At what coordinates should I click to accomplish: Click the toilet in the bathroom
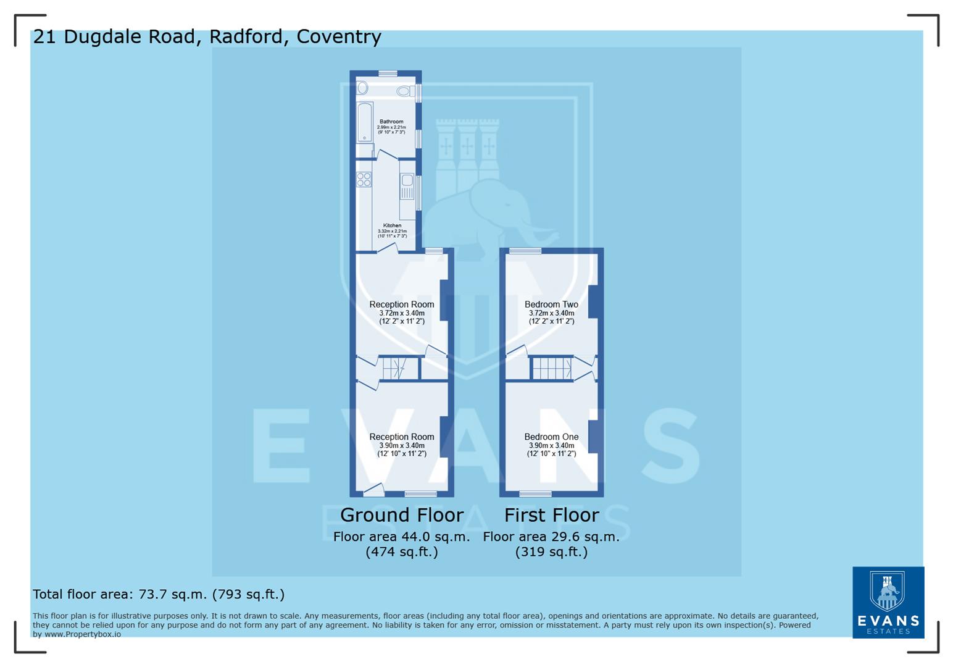[x=404, y=91]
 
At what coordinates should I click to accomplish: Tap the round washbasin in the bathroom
[x=363, y=88]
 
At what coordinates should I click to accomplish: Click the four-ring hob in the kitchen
[x=364, y=180]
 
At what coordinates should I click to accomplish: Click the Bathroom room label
[x=391, y=122]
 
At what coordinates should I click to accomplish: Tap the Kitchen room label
[x=392, y=225]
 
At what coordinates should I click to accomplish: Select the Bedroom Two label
[x=551, y=304]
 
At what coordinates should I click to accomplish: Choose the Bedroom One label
[x=551, y=437]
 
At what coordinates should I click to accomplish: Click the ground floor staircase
[x=393, y=369]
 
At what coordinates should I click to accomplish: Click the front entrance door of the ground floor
[x=374, y=490]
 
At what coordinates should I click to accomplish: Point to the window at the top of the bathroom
[x=388, y=73]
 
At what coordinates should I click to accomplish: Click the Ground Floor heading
[x=401, y=514]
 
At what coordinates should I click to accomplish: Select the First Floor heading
[x=551, y=514]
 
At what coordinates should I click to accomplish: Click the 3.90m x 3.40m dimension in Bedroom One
[x=551, y=445]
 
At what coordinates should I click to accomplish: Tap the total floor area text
[x=159, y=594]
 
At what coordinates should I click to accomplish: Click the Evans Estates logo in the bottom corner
[x=888, y=602]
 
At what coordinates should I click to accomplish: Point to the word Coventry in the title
[x=339, y=37]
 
